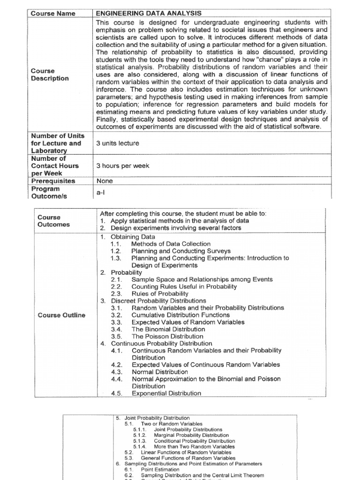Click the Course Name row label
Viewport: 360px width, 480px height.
tap(53, 14)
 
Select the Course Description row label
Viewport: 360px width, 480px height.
tap(50, 75)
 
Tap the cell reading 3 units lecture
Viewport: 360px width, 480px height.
tap(118, 143)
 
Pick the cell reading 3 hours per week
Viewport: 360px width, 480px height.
tap(123, 166)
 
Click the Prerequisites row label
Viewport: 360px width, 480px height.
tap(53, 181)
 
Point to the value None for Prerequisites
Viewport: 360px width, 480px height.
tap(105, 181)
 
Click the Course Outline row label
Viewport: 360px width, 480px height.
tap(61, 315)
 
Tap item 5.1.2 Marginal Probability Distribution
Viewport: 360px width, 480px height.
tap(182, 435)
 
